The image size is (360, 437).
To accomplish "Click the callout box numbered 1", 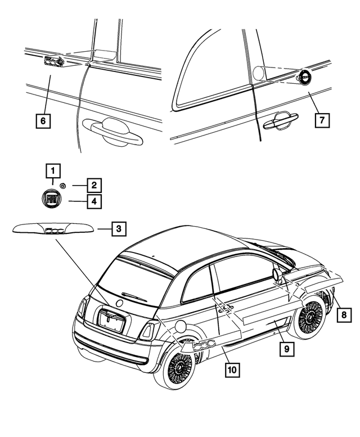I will (x=52, y=169).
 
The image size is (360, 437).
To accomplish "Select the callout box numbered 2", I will (x=94, y=184).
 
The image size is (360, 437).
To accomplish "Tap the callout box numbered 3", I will (x=118, y=229).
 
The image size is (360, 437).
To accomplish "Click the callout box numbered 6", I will (x=43, y=120).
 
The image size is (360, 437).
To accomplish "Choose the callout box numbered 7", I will (x=322, y=120).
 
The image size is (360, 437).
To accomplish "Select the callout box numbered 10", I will (x=231, y=370).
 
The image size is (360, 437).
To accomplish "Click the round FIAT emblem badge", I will (x=51, y=200).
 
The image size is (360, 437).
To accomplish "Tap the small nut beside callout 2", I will (x=64, y=185).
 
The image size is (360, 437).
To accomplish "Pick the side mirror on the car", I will (x=277, y=274).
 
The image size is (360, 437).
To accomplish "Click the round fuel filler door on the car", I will (x=181, y=326).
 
